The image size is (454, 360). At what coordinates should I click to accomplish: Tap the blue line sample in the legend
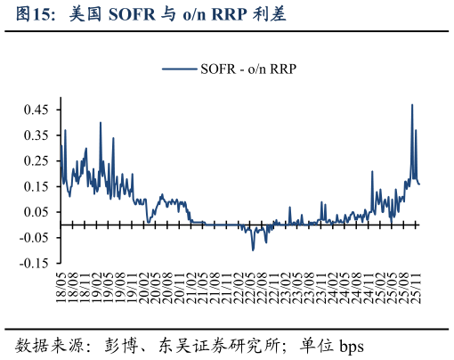click(179, 69)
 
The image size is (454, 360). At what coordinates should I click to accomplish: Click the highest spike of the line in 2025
click(412, 105)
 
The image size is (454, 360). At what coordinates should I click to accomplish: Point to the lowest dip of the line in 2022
click(253, 250)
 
